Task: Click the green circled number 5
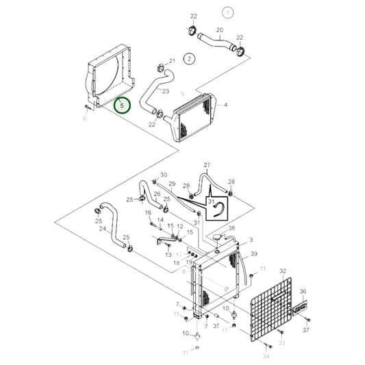pyautogui.click(x=121, y=106)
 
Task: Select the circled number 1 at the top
pyautogui.click(x=228, y=12)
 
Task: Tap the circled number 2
pyautogui.click(x=188, y=59)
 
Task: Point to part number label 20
pyautogui.click(x=219, y=30)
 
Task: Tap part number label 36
pyautogui.click(x=303, y=292)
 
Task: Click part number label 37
pyautogui.click(x=306, y=331)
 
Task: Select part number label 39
pyautogui.click(x=253, y=254)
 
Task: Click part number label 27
pyautogui.click(x=207, y=165)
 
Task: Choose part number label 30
pyautogui.click(x=163, y=175)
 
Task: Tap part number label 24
pyautogui.click(x=103, y=229)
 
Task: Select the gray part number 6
pyautogui.click(x=85, y=118)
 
